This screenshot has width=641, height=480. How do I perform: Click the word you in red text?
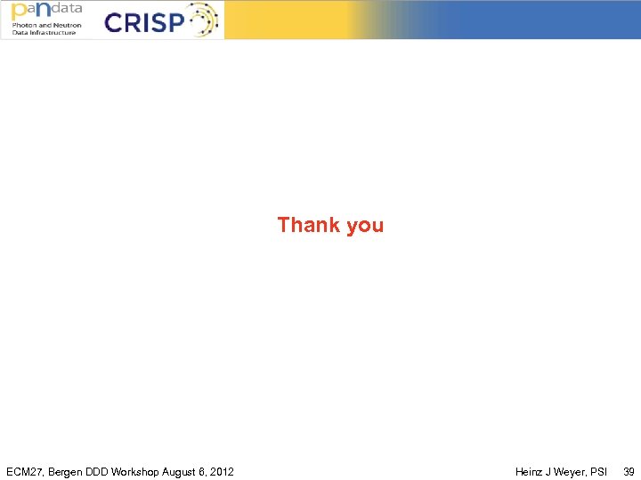point(365,226)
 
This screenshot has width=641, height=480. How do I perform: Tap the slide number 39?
point(629,471)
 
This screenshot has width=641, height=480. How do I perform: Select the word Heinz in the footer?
point(531,471)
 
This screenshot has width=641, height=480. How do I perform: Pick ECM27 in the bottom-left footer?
point(24,471)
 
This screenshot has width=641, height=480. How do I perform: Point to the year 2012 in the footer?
point(222,471)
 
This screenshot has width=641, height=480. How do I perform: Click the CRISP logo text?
point(142,21)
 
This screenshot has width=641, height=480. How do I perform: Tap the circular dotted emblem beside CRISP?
point(200,20)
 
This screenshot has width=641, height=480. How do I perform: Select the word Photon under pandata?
point(24,25)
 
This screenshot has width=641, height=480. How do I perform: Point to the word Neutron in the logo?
point(67,25)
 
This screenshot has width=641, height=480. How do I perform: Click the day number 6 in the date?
point(203,471)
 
